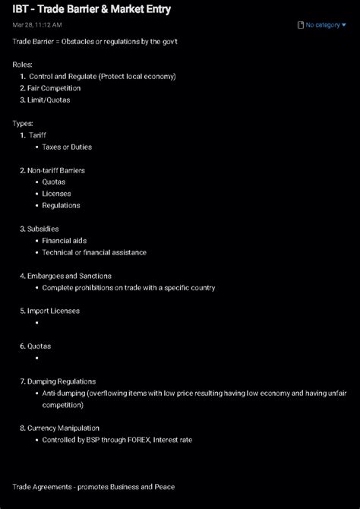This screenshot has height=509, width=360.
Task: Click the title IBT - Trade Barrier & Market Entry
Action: [x=92, y=10]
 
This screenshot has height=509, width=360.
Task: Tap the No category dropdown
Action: [x=322, y=25]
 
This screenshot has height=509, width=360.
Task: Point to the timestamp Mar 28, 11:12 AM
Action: [x=37, y=25]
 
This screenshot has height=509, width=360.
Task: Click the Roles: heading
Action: [x=23, y=65]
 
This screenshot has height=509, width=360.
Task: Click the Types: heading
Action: [x=23, y=123]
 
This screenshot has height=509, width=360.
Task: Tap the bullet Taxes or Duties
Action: [x=67, y=147]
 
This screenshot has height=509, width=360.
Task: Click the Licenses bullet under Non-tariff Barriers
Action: [x=57, y=194]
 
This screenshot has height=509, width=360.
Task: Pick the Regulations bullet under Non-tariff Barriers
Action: [x=61, y=205]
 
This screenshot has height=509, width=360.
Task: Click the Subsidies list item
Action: [x=43, y=229]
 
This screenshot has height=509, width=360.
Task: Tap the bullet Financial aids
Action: [x=65, y=241]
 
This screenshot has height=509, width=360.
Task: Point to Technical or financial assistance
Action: [x=94, y=252]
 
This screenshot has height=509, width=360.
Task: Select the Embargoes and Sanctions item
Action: [x=69, y=276]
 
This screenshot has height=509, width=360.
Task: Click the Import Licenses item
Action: [x=53, y=311]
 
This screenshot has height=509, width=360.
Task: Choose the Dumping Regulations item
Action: [x=62, y=381]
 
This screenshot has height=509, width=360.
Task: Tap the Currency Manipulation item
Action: [x=63, y=428]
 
